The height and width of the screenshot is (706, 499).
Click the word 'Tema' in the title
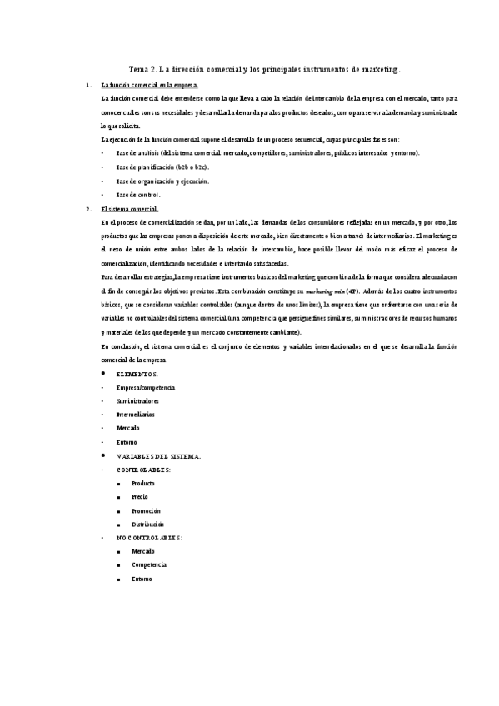[138, 72]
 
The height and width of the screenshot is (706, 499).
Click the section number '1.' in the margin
[89, 86]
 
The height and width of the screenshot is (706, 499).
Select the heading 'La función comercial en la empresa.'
[149, 86]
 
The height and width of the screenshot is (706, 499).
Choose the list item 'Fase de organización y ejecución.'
[162, 181]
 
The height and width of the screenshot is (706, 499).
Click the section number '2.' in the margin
[89, 208]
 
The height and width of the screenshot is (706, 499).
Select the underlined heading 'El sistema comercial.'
[129, 208]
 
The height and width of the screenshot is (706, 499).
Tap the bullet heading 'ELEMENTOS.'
[137, 375]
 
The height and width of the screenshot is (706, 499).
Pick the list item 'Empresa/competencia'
[146, 388]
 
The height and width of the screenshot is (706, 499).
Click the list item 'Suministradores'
[138, 401]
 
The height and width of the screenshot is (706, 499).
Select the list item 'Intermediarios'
[136, 415]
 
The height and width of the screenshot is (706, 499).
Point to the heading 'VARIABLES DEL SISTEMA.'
[158, 456]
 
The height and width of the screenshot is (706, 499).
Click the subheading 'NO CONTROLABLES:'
[149, 538]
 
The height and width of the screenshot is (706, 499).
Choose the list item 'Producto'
[143, 484]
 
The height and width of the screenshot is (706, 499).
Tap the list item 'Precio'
[140, 497]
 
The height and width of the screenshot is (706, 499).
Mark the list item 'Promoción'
[146, 510]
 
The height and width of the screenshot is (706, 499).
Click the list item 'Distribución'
[147, 525]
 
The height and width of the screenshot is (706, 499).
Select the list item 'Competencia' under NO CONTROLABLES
[149, 564]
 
